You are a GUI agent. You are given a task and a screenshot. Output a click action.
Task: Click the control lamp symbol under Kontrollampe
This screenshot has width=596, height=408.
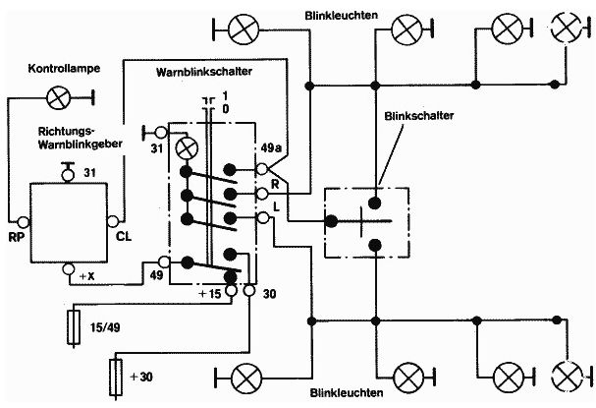point(59,96)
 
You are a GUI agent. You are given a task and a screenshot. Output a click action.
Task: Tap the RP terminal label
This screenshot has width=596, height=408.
point(17,236)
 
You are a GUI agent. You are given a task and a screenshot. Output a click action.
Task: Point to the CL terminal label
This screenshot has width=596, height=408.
point(125,236)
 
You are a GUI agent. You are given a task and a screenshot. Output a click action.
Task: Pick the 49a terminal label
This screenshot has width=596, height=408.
point(270,149)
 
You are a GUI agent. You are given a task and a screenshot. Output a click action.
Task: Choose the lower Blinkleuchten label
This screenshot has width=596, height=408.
point(339,393)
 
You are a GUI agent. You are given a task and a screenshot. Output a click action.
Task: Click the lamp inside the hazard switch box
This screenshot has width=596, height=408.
point(186,147)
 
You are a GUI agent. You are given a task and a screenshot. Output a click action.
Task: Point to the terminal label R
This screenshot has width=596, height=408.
point(275,184)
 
